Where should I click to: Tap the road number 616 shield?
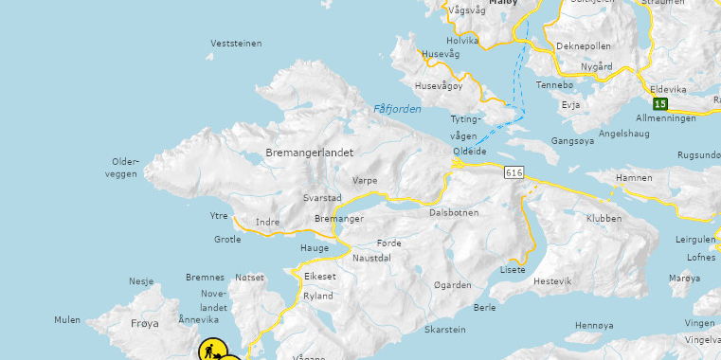514,172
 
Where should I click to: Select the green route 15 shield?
659,103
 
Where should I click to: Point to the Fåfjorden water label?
397,109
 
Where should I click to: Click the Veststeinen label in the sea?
236,44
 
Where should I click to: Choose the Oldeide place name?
470,152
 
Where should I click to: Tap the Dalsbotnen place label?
454,213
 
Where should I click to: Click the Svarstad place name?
321,198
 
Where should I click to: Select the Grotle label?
227,240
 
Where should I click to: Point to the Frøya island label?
145,323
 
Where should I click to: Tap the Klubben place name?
604,218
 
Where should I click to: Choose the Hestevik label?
552,281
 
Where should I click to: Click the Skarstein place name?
445,330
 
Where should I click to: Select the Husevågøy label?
439,86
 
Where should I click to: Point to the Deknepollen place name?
584,45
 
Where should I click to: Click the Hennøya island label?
595,325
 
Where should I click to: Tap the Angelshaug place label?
624,134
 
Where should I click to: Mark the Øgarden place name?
452,285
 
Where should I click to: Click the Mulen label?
67,320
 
